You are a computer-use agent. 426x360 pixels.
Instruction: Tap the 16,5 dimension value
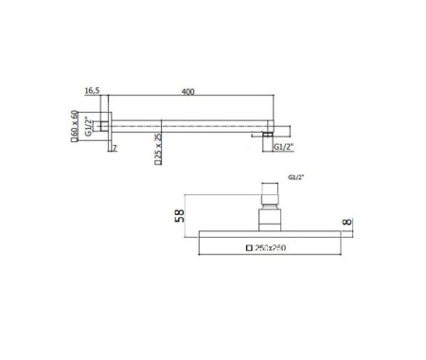[x=93, y=92]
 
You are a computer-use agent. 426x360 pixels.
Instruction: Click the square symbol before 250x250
[x=250, y=248]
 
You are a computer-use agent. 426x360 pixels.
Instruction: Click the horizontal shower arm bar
[x=189, y=124]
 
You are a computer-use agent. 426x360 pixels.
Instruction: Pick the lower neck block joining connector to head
[x=270, y=215]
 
